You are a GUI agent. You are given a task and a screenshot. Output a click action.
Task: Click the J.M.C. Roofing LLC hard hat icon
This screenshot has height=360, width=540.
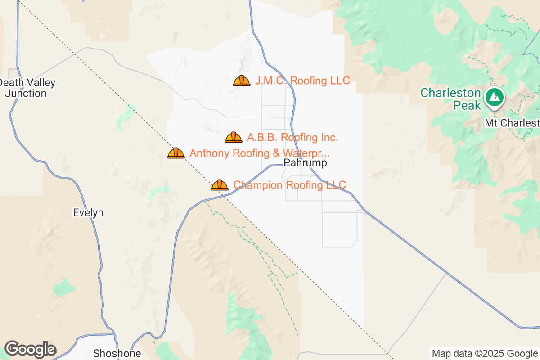[x=242, y=81]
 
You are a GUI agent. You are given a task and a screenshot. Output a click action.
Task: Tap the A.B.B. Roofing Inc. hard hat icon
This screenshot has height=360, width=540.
[x=234, y=137]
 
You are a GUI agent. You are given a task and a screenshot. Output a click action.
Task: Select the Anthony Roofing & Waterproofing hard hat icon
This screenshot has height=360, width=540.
[x=176, y=153]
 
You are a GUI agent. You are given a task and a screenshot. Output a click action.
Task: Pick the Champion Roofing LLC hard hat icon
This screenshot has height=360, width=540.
[x=220, y=185]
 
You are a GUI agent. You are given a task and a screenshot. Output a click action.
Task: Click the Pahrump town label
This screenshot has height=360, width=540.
[x=306, y=163]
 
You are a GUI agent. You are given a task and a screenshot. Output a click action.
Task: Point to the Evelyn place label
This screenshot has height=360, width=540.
[x=88, y=213]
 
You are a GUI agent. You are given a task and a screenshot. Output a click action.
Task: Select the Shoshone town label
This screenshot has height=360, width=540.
[x=117, y=353]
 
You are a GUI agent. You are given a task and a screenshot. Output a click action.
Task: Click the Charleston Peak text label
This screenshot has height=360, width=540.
[x=450, y=99]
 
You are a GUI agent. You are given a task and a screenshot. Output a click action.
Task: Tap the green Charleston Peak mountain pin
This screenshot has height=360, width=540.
[x=495, y=97]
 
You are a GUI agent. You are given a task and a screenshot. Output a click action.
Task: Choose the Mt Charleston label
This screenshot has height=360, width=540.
[x=512, y=123]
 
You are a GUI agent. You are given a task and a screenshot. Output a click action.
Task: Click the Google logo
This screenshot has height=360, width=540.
[x=30, y=349]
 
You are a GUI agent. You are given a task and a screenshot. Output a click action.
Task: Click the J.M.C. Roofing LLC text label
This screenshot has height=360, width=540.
[x=302, y=81]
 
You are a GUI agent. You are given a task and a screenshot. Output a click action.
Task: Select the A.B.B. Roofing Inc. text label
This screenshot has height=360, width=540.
[x=292, y=137]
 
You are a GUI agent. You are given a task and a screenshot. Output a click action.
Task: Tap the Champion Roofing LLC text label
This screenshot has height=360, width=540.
[x=290, y=185]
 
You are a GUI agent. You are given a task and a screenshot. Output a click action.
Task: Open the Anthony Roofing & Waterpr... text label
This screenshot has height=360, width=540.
[x=260, y=153]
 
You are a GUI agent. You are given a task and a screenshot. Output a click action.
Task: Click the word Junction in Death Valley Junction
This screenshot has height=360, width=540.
[x=26, y=94]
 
